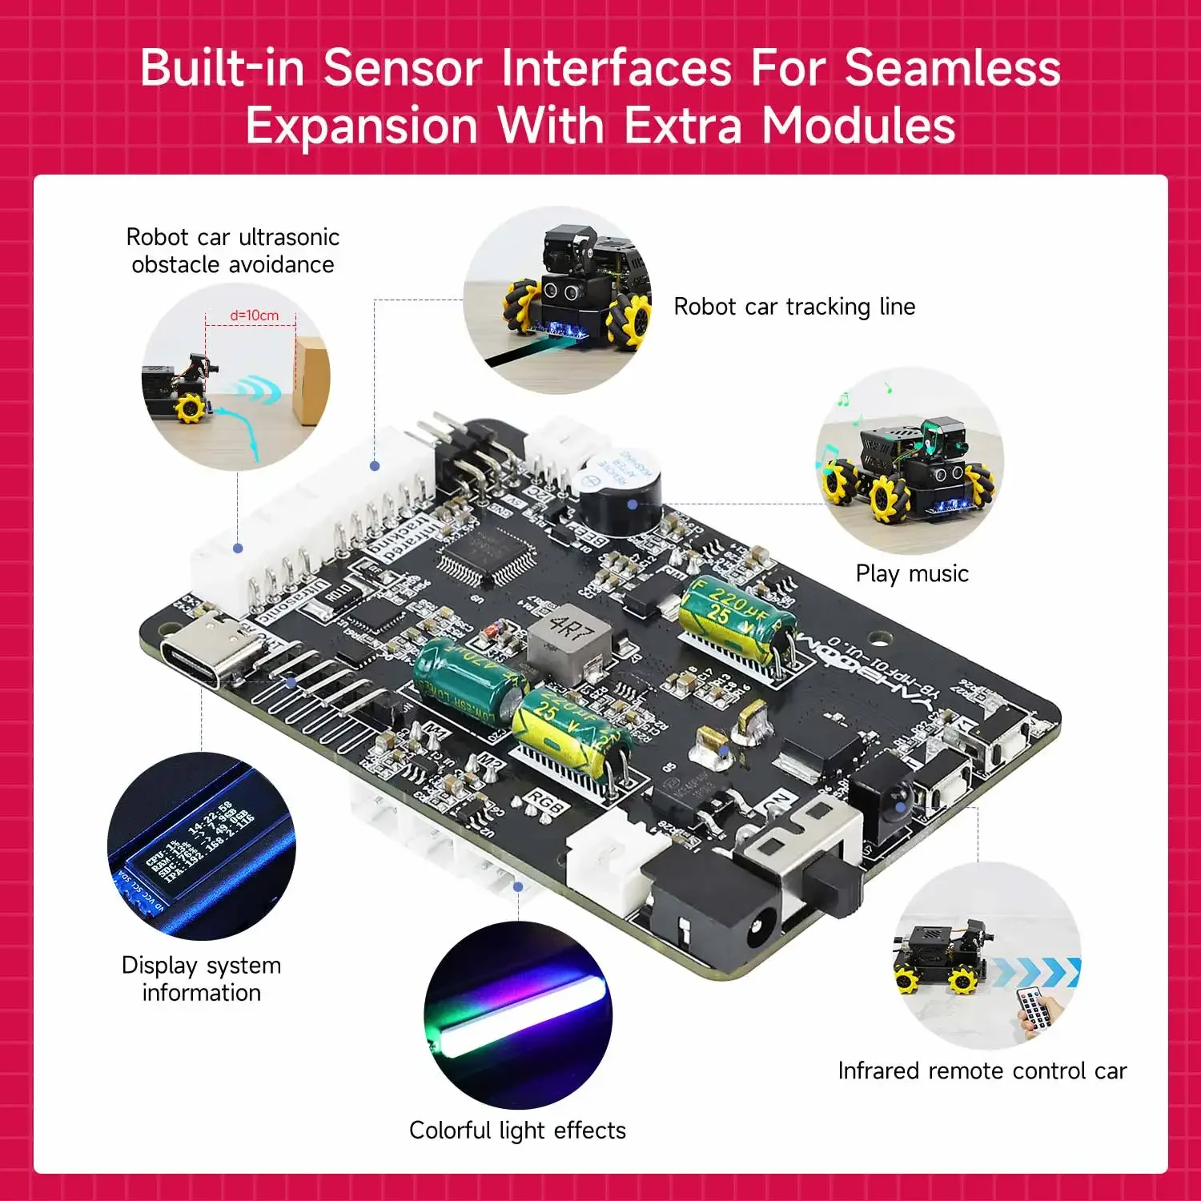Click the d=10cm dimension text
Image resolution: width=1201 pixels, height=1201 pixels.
tap(254, 315)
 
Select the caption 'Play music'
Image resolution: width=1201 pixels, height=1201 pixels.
tap(912, 573)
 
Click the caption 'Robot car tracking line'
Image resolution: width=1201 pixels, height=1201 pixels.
tap(794, 307)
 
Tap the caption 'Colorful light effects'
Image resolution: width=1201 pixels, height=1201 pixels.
tap(517, 1130)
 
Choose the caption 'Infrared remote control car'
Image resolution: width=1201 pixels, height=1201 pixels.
tap(982, 1070)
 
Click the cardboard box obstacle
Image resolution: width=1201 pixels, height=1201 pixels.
tap(311, 380)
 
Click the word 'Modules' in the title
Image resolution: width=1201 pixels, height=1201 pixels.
tap(858, 127)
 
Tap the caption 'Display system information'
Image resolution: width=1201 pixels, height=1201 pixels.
tap(201, 978)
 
